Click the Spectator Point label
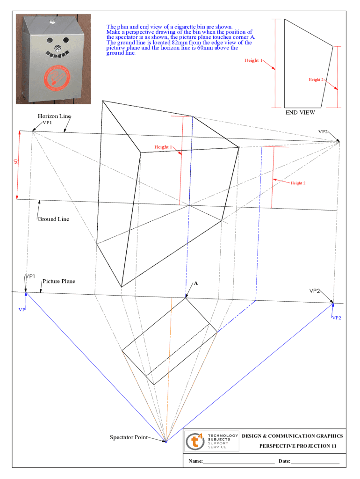point(129,437)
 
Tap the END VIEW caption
point(300,112)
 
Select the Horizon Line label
point(54,116)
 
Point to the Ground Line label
point(53,219)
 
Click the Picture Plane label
point(58,281)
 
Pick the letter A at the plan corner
point(196,283)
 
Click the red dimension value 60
point(16,161)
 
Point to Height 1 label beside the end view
point(253,60)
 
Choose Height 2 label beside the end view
point(316,80)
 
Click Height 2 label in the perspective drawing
point(298,183)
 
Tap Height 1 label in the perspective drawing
point(163,147)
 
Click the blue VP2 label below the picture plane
point(337,318)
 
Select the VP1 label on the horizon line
point(47,123)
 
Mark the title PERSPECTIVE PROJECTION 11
point(298,446)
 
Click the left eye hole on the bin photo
point(50,40)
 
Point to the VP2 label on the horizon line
point(323,131)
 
